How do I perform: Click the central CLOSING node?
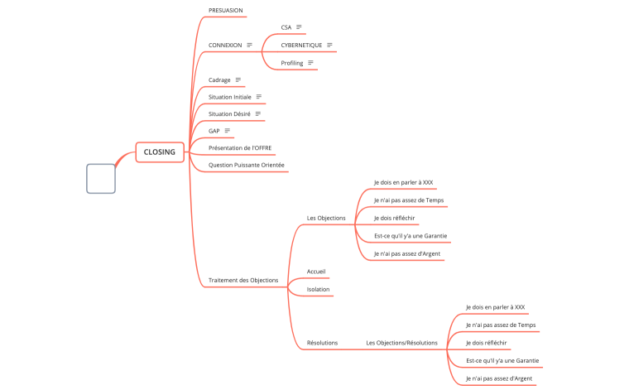pyautogui.click(x=159, y=152)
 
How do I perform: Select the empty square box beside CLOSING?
pyautogui.click(x=101, y=178)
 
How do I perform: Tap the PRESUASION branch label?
pyautogui.click(x=226, y=10)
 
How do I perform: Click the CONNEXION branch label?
pyautogui.click(x=225, y=45)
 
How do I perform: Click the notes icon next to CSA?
pyautogui.click(x=299, y=27)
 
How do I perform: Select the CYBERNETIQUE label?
pyautogui.click(x=301, y=45)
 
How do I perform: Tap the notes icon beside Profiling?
pyautogui.click(x=310, y=63)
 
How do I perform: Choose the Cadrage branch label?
pyautogui.click(x=219, y=79)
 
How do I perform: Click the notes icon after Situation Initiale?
pyautogui.click(x=259, y=97)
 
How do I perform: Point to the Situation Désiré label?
pyautogui.click(x=229, y=113)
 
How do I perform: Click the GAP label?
pyautogui.click(x=214, y=131)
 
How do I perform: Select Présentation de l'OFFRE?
pyautogui.click(x=240, y=147)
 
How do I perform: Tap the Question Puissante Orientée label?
pyautogui.click(x=247, y=165)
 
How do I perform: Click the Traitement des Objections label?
pyautogui.click(x=243, y=280)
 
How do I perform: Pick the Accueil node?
pyautogui.click(x=316, y=271)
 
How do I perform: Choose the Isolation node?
pyautogui.click(x=318, y=289)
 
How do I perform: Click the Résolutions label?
pyautogui.click(x=322, y=342)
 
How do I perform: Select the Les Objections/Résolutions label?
pyautogui.click(x=401, y=342)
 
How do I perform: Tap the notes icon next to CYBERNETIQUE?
pyautogui.click(x=330, y=45)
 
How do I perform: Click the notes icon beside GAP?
pyautogui.click(x=228, y=131)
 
